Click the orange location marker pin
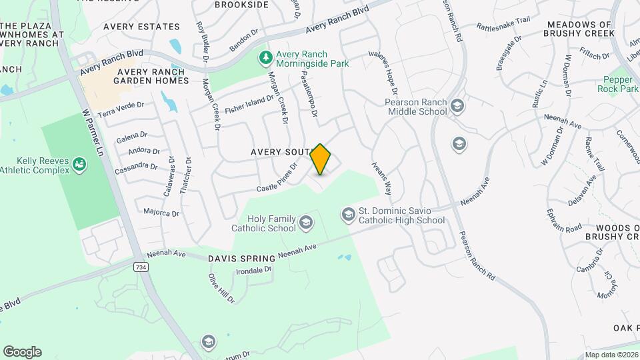pyautogui.click(x=321, y=159)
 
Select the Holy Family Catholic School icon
pyautogui.click(x=306, y=223)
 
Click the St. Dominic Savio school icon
pyautogui.click(x=347, y=215)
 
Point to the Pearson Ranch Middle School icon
pyautogui.click(x=457, y=106)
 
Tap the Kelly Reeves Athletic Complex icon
pyautogui.click(x=80, y=163)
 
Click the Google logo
pyautogui.click(x=22, y=352)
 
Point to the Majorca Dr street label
pyautogui.click(x=161, y=213)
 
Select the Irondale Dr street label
pyautogui.click(x=254, y=270)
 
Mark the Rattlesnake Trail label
pyautogui.click(x=503, y=23)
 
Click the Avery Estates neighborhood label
pyautogui.click(x=141, y=27)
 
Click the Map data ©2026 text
pyautogui.click(x=611, y=355)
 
